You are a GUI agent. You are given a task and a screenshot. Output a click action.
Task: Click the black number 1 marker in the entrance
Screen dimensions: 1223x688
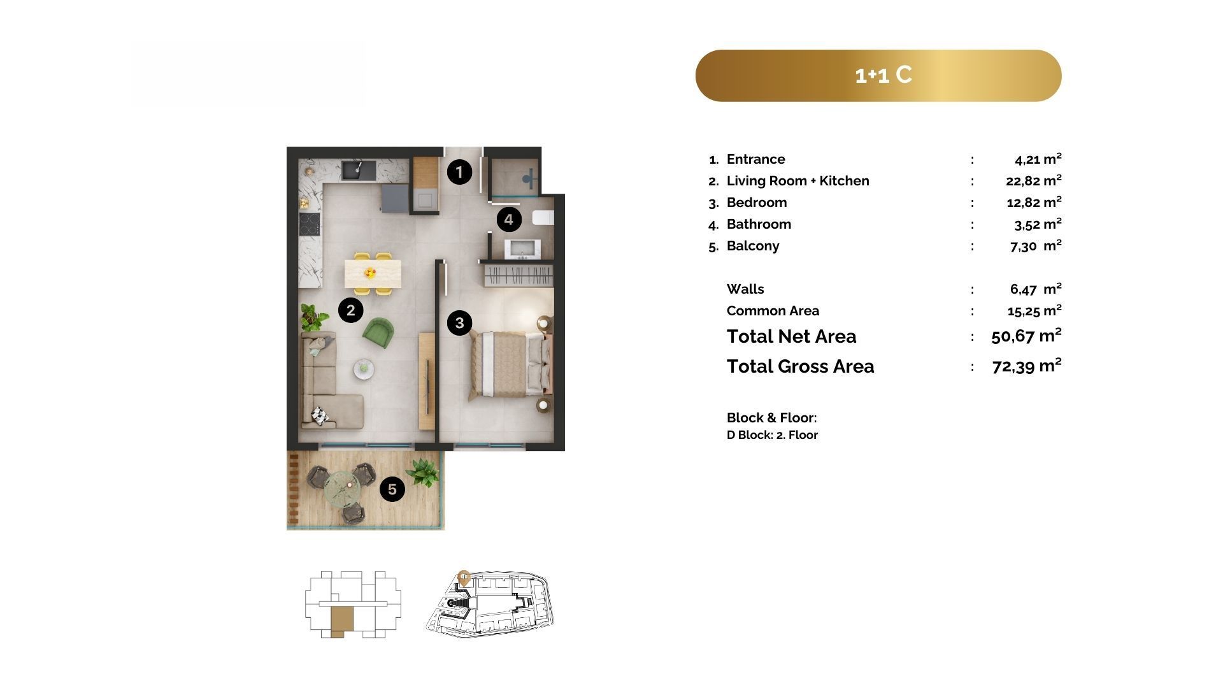pyautogui.click(x=459, y=171)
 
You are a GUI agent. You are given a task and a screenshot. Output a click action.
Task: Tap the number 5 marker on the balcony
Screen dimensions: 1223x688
pyautogui.click(x=392, y=489)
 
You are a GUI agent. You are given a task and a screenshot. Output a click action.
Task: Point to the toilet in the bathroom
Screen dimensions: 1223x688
pyautogui.click(x=543, y=217)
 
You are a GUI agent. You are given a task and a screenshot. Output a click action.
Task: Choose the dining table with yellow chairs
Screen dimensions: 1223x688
pyautogui.click(x=370, y=273)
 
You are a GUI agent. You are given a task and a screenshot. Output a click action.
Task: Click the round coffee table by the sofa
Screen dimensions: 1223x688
pyautogui.click(x=364, y=368)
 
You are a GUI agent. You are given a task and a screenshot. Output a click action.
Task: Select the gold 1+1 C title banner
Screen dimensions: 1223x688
pyautogui.click(x=878, y=76)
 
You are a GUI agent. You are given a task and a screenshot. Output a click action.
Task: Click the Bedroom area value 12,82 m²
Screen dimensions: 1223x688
pyautogui.click(x=1033, y=202)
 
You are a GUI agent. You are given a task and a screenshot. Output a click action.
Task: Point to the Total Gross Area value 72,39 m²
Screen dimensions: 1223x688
pyautogui.click(x=1027, y=366)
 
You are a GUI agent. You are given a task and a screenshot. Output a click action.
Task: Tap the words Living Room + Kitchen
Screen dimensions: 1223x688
pyautogui.click(x=797, y=181)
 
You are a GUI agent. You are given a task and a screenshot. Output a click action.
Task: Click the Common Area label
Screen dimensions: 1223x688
pyautogui.click(x=773, y=311)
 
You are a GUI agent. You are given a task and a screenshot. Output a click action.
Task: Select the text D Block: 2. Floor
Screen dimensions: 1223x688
pyautogui.click(x=772, y=435)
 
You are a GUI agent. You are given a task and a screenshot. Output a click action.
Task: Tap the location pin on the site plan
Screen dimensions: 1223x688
pyautogui.click(x=464, y=578)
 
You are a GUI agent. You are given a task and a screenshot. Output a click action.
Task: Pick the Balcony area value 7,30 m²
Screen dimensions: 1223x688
pyautogui.click(x=1036, y=246)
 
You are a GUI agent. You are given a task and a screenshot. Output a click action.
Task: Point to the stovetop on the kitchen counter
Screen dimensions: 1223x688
pyautogui.click(x=310, y=223)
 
